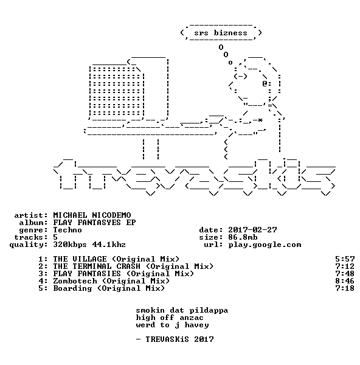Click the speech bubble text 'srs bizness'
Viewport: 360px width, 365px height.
pyautogui.click(x=221, y=33)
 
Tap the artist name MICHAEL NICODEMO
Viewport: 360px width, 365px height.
pyautogui.click(x=92, y=215)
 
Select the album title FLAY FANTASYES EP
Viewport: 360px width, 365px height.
pyautogui.click(x=94, y=223)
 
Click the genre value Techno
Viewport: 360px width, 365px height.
pyautogui.click(x=67, y=230)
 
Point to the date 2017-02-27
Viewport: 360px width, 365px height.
pyautogui.click(x=252, y=230)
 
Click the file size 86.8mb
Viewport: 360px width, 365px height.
pyautogui.click(x=243, y=237)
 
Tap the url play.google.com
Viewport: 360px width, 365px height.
pyautogui.click(x=265, y=245)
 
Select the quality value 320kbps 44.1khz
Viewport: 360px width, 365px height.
pyautogui.click(x=89, y=245)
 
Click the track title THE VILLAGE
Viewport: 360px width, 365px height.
pyautogui.click(x=80, y=259)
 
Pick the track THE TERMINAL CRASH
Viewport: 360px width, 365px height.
pyautogui.click(x=97, y=266)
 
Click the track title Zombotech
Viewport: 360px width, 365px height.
pyautogui.click(x=75, y=281)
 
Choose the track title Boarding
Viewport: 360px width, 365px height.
pyautogui.click(x=72, y=288)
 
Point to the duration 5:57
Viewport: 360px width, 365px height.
pyautogui.click(x=345, y=259)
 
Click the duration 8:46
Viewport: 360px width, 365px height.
pyautogui.click(x=345, y=281)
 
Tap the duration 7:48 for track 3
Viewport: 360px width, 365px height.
pyautogui.click(x=345, y=274)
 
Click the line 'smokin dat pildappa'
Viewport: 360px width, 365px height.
pyautogui.click(x=182, y=310)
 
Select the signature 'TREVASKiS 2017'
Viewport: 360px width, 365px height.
pyautogui.click(x=179, y=339)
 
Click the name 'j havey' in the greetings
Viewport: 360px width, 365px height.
pyautogui.click(x=192, y=325)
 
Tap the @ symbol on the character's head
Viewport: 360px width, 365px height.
pyautogui.click(x=265, y=83)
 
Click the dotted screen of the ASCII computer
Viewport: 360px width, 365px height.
pyautogui.click(x=116, y=91)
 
